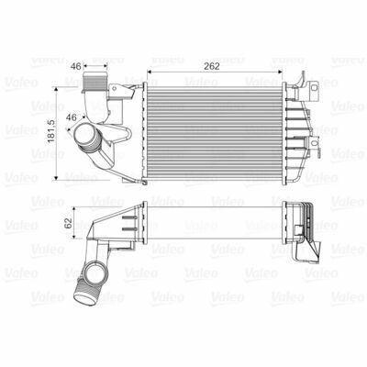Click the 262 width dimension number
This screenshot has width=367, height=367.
click(212, 66)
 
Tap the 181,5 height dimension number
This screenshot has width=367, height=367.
click(50, 130)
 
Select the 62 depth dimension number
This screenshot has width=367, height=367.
click(69, 223)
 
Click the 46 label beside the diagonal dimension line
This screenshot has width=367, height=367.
click(72, 117)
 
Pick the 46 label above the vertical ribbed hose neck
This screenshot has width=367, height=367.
click(75, 66)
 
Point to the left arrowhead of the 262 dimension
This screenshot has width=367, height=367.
click(150, 72)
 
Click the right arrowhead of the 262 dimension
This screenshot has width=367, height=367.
click(279, 72)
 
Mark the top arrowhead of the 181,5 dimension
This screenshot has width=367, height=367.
click(56, 89)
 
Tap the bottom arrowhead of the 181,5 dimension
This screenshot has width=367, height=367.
click(56, 177)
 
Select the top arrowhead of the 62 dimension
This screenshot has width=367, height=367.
click(74, 209)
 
